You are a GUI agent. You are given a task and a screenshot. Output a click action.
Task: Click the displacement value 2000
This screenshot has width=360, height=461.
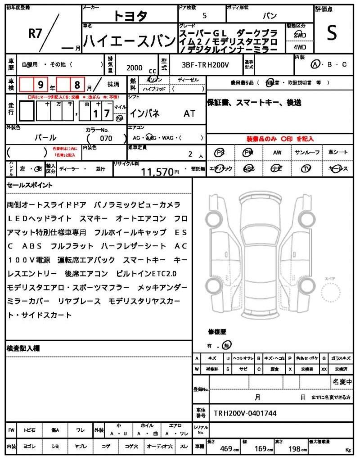[135, 68]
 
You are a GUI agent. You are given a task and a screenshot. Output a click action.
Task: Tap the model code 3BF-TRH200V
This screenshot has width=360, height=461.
[205, 65]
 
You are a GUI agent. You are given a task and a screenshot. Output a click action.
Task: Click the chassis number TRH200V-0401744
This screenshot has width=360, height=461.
[245, 413]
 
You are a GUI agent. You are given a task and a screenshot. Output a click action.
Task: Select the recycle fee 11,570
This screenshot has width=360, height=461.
[157, 172]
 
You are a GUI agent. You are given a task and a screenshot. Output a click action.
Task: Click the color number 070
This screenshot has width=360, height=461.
[106, 138]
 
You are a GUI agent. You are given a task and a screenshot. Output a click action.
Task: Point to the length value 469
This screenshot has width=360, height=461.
[226, 448]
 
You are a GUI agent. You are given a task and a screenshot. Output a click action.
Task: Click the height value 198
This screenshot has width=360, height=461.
[295, 448]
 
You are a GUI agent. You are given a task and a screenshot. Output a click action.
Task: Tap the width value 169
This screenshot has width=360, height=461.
[261, 448]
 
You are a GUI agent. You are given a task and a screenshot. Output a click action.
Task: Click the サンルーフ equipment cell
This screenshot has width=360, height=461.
[307, 153]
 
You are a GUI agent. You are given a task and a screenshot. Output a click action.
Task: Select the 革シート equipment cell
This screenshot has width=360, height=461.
[338, 153]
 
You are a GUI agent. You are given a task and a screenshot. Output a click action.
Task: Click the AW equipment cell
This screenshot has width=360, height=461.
[277, 153]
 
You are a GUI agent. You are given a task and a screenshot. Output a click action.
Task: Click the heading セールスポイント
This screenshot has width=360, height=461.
[30, 185]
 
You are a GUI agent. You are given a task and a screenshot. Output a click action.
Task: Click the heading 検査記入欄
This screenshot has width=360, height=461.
[23, 348]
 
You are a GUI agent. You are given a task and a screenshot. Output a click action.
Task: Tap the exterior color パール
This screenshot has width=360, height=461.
[45, 138]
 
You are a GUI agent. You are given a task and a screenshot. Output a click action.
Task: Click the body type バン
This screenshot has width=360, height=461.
[270, 16]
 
